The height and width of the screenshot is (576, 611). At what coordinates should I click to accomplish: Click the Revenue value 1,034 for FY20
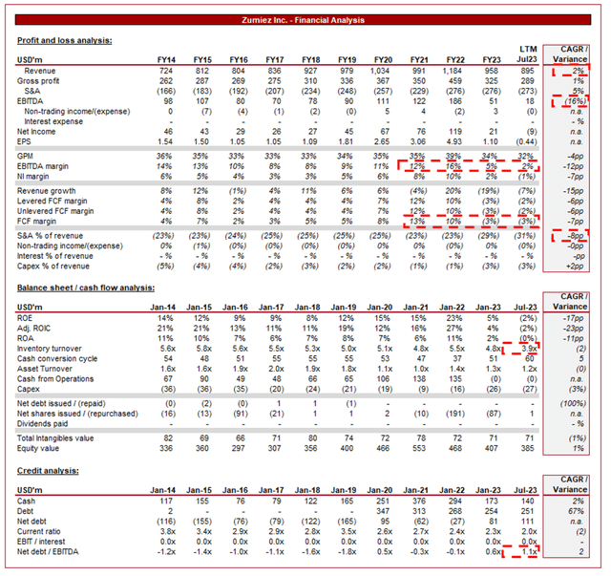(x=379, y=72)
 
